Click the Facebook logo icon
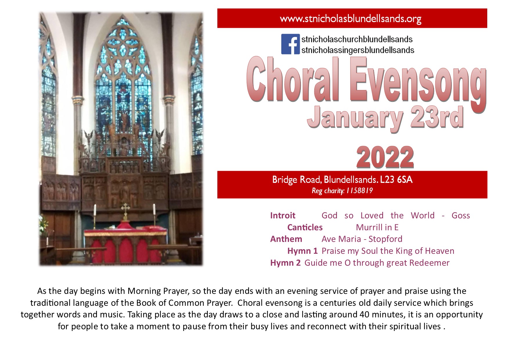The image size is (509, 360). click(290, 44)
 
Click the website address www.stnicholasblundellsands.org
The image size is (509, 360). click(351, 19)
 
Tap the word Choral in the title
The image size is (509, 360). click(293, 79)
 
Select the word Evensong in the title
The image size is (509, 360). click(418, 83)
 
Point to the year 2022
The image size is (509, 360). click(385, 157)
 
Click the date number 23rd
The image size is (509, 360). click(437, 117)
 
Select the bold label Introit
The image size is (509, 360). click(283, 215)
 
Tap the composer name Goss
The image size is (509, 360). click(461, 215)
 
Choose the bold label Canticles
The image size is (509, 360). click(305, 227)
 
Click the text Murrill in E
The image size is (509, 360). click(377, 227)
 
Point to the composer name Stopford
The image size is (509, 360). click(385, 239)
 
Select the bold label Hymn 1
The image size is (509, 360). click(302, 251)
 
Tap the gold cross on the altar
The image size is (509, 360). click(125, 212)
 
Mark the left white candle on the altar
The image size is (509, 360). click(95, 210)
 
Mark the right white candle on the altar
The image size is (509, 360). click(154, 210)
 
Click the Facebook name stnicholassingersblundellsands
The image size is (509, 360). click(358, 50)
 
